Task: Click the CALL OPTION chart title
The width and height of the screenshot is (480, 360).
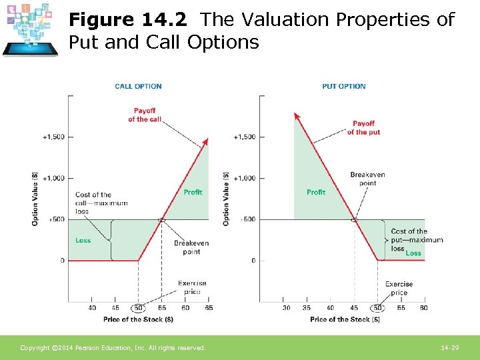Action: coord(138,86)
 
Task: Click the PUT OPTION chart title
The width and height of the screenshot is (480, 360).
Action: coord(343,86)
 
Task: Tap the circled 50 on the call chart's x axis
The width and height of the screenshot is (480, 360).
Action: coord(138,308)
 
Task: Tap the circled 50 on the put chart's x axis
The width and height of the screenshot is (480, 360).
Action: coord(378,308)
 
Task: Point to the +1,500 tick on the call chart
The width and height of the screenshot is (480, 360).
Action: coord(54,137)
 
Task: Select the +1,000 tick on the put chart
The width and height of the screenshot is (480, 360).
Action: coord(244,178)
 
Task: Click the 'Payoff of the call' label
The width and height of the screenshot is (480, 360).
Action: coord(145,115)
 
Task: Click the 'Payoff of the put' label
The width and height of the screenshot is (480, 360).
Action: coord(363,127)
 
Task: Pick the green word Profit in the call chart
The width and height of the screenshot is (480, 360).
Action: coord(193,192)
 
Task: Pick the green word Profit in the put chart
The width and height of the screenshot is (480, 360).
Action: coord(316,192)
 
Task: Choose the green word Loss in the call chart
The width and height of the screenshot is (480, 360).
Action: coord(83,241)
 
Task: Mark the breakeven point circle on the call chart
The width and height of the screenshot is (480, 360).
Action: coord(161,219)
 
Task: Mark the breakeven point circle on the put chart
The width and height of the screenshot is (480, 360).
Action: coord(354,219)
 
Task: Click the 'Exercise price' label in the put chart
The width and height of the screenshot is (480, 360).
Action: coord(399,289)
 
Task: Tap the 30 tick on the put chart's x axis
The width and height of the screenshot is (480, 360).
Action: coord(286,308)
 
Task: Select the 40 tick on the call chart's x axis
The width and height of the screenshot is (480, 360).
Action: coord(92,308)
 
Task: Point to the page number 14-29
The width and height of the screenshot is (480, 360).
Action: coord(449,348)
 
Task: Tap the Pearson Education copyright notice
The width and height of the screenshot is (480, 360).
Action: coord(113,348)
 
